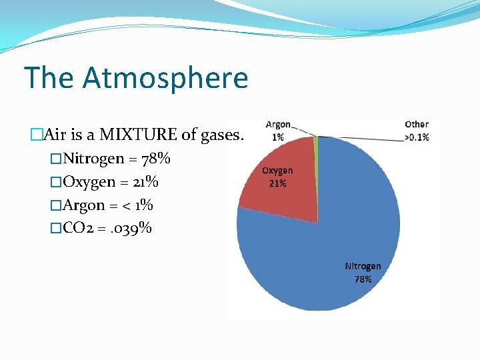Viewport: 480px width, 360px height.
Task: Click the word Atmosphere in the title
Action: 165,78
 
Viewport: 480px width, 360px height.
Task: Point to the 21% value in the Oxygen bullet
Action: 144,182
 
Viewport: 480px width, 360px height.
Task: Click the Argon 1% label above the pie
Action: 278,131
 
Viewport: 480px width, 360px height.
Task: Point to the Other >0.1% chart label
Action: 416,131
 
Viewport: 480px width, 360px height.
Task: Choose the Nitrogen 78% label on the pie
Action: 363,273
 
